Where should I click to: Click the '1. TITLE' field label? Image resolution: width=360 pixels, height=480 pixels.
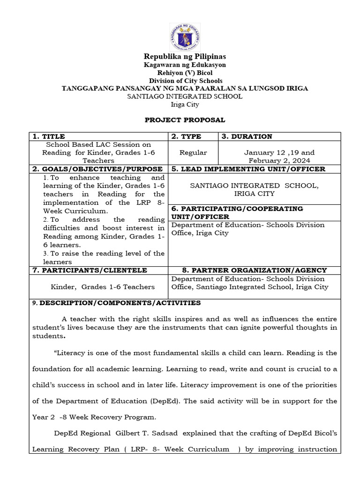(x=49, y=136)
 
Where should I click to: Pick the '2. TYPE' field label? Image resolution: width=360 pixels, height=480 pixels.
(x=186, y=136)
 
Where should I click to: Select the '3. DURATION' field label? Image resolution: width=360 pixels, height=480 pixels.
(x=247, y=136)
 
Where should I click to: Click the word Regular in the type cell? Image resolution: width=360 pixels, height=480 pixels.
(x=193, y=153)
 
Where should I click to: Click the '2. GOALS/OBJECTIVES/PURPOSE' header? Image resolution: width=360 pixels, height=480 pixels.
(x=97, y=169)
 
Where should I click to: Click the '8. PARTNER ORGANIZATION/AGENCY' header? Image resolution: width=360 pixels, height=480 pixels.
(x=254, y=270)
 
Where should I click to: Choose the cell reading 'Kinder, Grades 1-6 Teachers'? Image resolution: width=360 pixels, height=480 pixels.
(x=103, y=286)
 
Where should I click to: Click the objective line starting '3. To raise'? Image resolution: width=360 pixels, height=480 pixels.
(x=103, y=253)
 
